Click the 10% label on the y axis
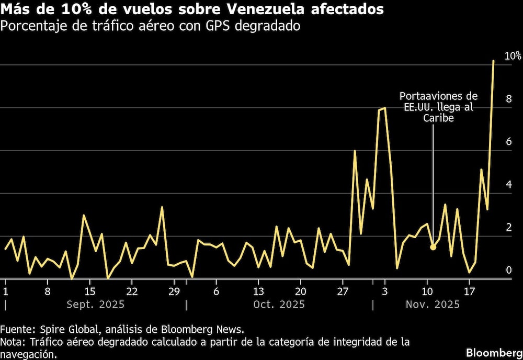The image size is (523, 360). (512, 55)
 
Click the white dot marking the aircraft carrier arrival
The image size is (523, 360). (433, 247)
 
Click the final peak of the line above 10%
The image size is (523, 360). (493, 61)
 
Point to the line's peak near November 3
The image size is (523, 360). (385, 108)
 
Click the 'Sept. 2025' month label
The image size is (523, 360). (95, 305)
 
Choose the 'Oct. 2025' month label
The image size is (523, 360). (279, 305)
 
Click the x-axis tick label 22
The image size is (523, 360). (132, 291)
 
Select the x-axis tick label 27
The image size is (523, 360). (343, 291)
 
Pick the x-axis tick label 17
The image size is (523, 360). (469, 291)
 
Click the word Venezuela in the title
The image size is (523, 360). (242, 9)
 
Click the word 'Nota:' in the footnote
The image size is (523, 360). (14, 342)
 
